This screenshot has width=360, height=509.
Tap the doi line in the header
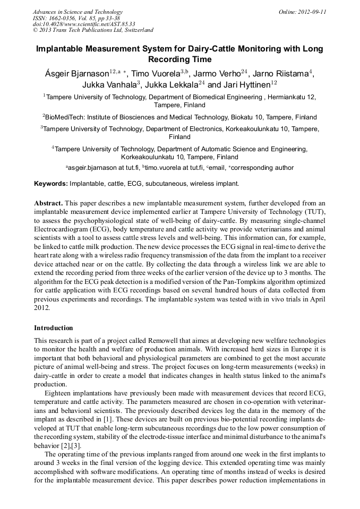[84, 24]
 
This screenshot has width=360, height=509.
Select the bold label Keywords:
[51, 184]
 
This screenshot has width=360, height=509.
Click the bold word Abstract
[48, 203]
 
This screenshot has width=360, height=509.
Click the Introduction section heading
[54, 328]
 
